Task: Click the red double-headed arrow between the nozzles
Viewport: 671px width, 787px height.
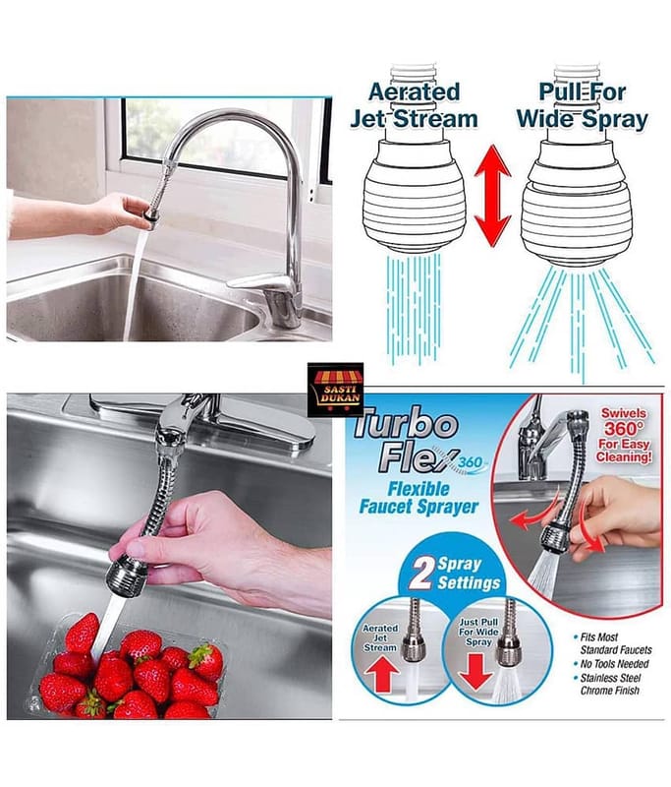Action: (x=493, y=195)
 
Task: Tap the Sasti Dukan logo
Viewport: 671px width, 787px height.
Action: (x=335, y=390)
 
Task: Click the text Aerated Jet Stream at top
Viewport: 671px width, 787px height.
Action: (x=414, y=105)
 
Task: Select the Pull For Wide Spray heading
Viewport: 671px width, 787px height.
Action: (x=583, y=105)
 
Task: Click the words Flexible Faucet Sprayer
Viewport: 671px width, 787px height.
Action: (x=419, y=498)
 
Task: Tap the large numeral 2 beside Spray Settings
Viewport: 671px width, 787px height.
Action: (x=419, y=573)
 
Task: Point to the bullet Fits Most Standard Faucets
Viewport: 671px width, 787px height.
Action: (x=613, y=643)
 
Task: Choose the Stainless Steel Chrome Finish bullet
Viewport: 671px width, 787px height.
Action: (x=607, y=684)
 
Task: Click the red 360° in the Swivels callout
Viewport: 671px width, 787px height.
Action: (x=624, y=429)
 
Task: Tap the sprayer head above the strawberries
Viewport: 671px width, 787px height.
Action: (x=127, y=577)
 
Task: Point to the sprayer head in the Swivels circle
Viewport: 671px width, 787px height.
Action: (x=555, y=537)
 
